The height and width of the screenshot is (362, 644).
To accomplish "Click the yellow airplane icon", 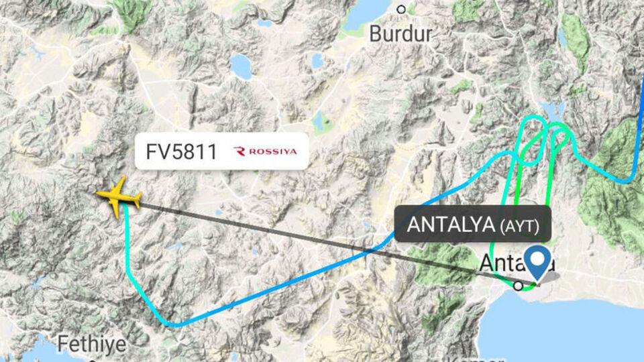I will [119, 198].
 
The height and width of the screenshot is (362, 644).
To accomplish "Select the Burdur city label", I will [401, 34].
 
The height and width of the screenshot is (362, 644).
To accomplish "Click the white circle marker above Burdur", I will [401, 9].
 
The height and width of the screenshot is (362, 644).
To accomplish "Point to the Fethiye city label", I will [91, 344].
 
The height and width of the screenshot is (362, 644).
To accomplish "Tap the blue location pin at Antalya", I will [537, 262].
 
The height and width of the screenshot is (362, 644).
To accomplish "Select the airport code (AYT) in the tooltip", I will [520, 227].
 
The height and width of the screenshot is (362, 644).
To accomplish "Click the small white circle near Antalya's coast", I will [519, 286].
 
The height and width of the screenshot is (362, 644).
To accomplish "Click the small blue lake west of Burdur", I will [239, 66].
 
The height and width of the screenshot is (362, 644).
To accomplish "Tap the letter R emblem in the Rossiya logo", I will [239, 152].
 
